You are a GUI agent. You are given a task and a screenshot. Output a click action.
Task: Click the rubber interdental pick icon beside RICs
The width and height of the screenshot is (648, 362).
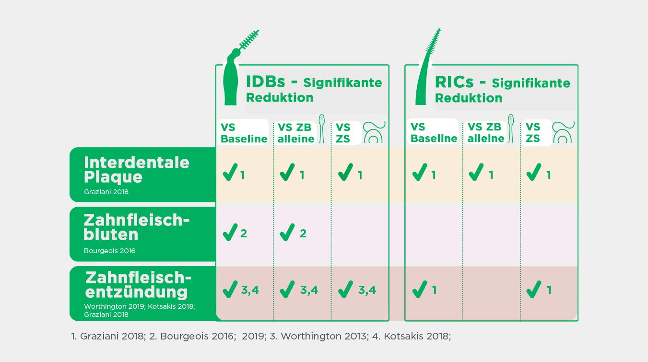click(x=427, y=72)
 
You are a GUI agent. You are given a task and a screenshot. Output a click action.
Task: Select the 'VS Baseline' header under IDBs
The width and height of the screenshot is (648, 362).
click(x=243, y=133)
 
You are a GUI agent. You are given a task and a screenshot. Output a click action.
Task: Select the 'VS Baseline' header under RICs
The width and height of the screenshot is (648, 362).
click(x=434, y=133)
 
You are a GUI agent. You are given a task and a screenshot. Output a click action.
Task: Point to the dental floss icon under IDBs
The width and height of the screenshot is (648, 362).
click(x=374, y=132)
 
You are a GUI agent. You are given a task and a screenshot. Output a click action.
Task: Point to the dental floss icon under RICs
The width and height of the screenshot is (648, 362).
click(x=563, y=132)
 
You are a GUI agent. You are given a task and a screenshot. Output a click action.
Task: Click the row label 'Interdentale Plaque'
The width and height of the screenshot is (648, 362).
click(x=137, y=169)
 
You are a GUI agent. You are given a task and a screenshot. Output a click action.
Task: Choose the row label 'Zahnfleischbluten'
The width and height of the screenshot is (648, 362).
click(x=137, y=227)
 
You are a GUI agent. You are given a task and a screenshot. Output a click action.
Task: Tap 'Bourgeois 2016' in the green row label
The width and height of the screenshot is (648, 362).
click(x=109, y=251)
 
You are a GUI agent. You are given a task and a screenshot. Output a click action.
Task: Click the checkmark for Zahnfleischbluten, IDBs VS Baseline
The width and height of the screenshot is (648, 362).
click(x=230, y=233)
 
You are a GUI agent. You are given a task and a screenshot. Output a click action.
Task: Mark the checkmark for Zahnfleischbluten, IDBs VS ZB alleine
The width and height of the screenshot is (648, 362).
click(x=287, y=233)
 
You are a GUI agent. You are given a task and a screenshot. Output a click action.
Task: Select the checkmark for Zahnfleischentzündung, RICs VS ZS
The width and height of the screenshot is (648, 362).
click(x=533, y=290)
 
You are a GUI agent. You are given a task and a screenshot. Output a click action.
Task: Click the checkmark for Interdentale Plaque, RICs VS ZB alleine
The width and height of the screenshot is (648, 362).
click(x=476, y=173)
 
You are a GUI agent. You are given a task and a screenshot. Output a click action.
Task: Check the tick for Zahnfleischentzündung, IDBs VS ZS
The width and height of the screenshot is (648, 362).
click(x=345, y=290)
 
